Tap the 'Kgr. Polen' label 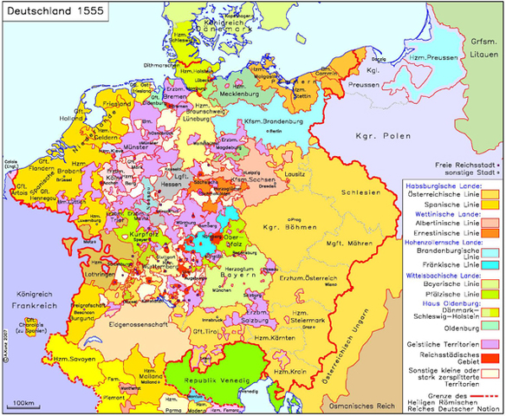tap(374, 136)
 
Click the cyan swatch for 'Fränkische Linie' tap(490, 265)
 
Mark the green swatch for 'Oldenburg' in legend tap(490, 326)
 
